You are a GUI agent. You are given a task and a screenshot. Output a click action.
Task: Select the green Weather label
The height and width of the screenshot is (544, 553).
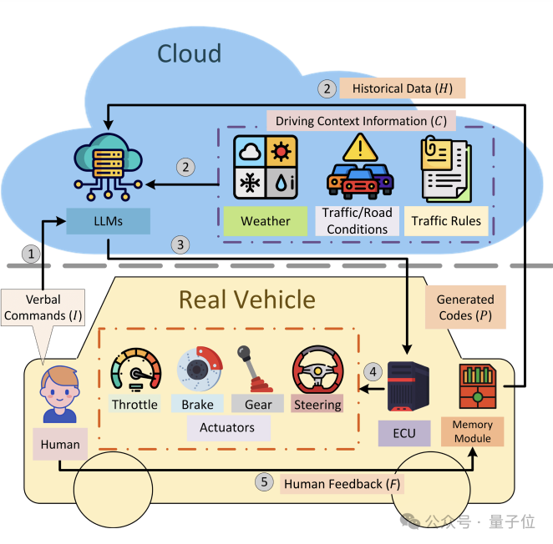pos(265,221)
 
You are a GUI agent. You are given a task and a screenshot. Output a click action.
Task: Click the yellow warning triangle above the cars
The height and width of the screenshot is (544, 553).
pos(360,149)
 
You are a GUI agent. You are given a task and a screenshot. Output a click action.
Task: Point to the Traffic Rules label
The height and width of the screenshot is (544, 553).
pos(448,221)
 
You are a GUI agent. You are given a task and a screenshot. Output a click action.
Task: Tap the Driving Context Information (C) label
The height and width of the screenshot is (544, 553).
pos(360,120)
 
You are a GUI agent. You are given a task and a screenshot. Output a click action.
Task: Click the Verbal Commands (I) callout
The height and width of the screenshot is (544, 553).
pos(43,308)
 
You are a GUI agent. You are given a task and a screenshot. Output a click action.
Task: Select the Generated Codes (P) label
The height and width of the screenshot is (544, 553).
pos(466,307)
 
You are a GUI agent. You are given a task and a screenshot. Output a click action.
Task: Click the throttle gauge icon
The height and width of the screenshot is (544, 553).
pos(135,369)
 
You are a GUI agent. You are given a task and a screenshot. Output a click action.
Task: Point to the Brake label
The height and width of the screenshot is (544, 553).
pos(197,405)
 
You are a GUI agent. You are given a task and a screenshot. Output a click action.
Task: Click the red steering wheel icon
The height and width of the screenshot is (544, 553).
pos(317,370)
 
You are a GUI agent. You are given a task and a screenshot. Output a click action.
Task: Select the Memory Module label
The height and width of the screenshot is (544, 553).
pos(473,431)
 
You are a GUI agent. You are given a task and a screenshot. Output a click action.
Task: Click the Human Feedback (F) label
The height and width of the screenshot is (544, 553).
pos(342,484)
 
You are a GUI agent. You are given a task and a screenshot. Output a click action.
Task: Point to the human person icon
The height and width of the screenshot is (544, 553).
pos(59,396)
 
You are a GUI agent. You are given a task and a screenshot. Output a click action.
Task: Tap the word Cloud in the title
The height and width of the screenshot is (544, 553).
pos(190,54)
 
